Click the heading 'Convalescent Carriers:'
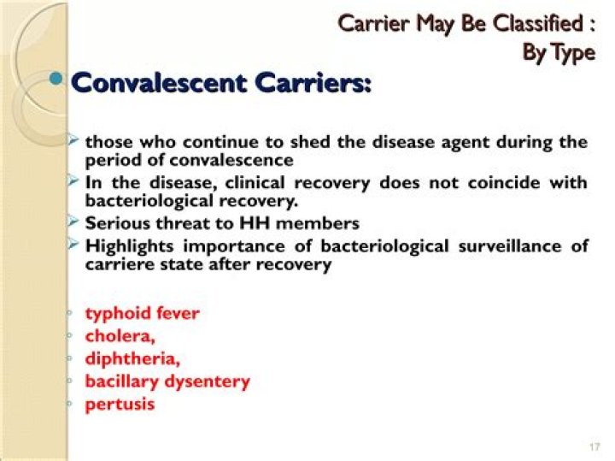tap(221, 85)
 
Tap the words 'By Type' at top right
tap(558, 53)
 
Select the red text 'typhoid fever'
tap(142, 313)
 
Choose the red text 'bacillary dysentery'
tap(167, 381)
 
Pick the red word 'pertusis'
tap(120, 405)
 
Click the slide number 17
tap(594, 447)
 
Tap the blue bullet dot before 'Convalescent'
tap(57, 80)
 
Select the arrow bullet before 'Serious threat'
tap(74, 222)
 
